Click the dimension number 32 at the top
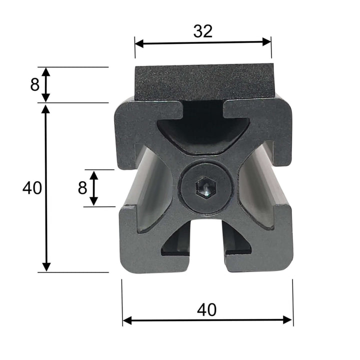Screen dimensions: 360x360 (203, 31)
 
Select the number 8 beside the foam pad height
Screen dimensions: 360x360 (34, 84)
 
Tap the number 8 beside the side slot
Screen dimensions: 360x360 (82, 188)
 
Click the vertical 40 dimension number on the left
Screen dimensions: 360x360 (32, 188)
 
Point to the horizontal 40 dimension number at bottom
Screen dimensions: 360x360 (206, 310)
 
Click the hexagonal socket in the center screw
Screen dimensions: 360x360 (204, 188)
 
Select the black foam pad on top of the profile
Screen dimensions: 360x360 (204, 82)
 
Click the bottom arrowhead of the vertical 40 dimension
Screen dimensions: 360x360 (46, 267)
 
